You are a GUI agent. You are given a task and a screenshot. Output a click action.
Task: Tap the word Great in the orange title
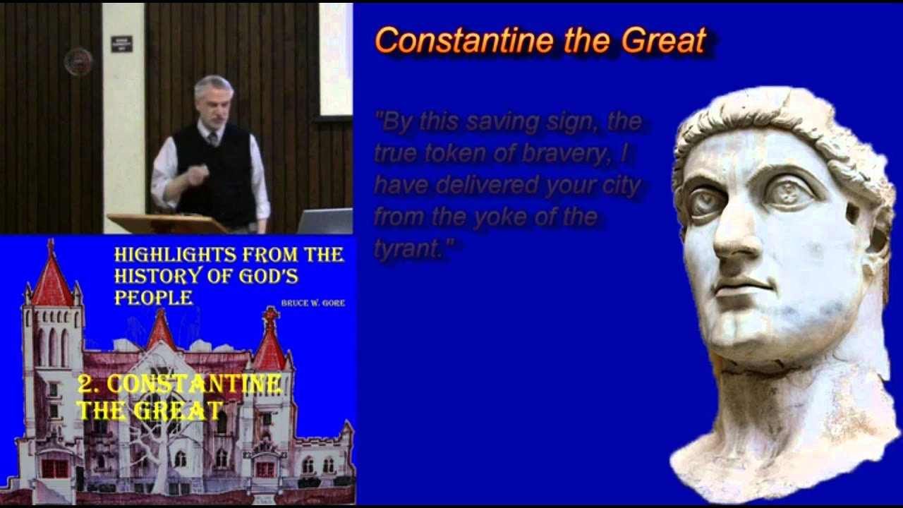click(x=663, y=41)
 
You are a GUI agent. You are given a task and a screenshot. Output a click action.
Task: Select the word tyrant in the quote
click(x=408, y=248)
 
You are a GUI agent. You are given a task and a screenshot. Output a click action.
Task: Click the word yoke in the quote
click(x=499, y=217)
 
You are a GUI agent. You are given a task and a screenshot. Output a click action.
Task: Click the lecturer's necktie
click(x=212, y=137)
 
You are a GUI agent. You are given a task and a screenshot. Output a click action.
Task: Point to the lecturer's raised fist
click(x=195, y=174)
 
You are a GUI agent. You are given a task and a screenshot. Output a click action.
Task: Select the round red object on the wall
click(x=78, y=62)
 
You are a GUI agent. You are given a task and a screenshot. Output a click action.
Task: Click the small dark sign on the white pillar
click(x=121, y=44)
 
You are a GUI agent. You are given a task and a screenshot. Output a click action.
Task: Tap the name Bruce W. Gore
click(x=313, y=303)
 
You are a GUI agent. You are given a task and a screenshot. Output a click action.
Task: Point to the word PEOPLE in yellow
click(x=153, y=298)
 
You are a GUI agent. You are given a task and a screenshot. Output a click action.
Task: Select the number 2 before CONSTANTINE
click(x=86, y=385)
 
